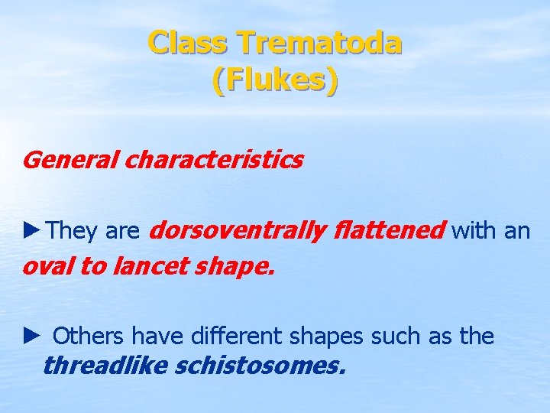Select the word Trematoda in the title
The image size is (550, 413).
(319, 43)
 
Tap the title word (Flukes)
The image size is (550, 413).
(275, 80)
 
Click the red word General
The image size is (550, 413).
(70, 161)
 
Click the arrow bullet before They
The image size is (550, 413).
(33, 230)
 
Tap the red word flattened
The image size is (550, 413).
(389, 230)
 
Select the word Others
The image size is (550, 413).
(89, 336)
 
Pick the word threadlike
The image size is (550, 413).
(105, 366)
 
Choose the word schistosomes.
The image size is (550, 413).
(260, 366)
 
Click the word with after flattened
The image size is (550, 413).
(474, 230)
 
